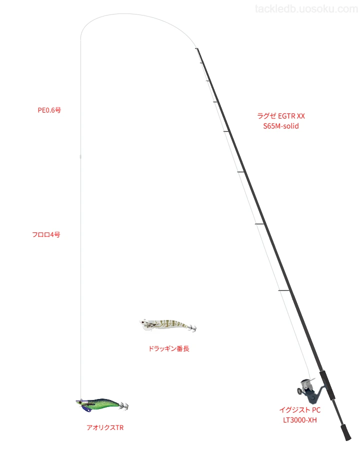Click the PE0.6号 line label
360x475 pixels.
click(x=49, y=110)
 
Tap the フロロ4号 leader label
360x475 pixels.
click(x=46, y=234)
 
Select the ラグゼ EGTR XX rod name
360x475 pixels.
click(x=281, y=116)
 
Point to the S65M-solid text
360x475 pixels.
click(x=281, y=126)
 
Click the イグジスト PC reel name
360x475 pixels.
click(x=299, y=410)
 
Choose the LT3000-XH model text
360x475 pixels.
click(x=299, y=420)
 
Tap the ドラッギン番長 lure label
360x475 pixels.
click(x=168, y=348)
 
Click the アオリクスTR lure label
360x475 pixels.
click(x=105, y=427)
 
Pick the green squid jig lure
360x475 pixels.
click(x=102, y=405)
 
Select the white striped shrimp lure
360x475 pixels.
click(x=168, y=325)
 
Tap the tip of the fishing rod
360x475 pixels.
click(x=196, y=48)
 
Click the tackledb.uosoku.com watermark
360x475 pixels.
click(x=306, y=9)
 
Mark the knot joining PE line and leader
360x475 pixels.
click(x=80, y=156)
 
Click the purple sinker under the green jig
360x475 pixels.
click(x=86, y=408)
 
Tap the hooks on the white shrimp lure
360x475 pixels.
click(x=192, y=328)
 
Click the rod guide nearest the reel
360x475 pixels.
click(x=284, y=290)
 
